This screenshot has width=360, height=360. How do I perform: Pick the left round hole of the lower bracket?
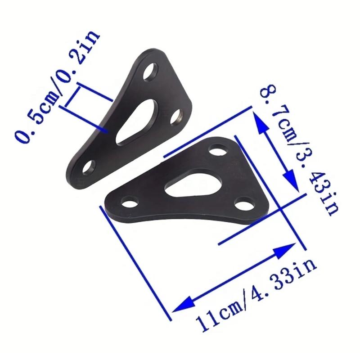(x=130, y=201)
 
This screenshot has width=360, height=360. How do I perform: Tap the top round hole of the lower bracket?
(x=218, y=150)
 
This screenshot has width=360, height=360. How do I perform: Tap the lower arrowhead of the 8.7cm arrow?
(x=292, y=182)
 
